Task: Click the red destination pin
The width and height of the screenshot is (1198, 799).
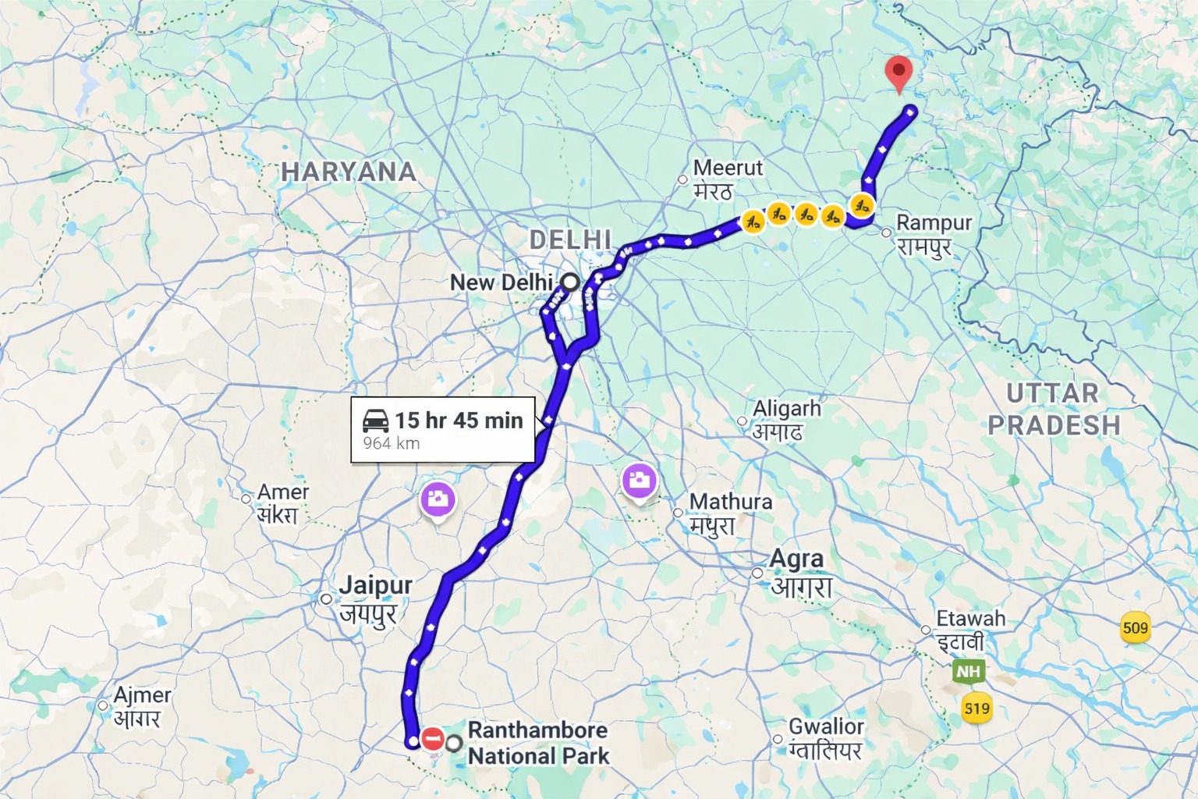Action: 900,75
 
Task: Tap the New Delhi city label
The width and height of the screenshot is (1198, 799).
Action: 502,282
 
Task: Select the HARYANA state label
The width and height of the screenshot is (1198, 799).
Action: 348,172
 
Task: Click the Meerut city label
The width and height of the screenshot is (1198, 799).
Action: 727,169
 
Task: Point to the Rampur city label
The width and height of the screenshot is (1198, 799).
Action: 934,223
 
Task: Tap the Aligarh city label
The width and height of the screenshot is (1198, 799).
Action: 786,409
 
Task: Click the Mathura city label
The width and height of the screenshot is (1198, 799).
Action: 731,502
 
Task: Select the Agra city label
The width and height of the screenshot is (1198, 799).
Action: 796,559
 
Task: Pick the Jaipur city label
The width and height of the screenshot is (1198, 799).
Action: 376,585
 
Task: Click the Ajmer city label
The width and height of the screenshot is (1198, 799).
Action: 142,695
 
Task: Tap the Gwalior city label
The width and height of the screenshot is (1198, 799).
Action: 826,726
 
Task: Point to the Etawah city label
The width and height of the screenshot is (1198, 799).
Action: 970,619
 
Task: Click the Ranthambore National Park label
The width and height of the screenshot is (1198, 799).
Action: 538,743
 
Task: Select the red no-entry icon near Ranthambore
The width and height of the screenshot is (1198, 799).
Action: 432,738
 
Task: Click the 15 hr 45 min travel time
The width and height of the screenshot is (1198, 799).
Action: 459,421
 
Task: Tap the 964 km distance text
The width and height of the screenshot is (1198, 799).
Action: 392,444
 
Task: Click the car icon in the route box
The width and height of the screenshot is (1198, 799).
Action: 376,421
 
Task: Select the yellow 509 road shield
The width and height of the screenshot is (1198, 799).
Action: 1136,627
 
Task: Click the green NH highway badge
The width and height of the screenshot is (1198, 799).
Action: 968,672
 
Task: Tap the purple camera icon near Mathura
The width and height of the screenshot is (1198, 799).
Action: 639,481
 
